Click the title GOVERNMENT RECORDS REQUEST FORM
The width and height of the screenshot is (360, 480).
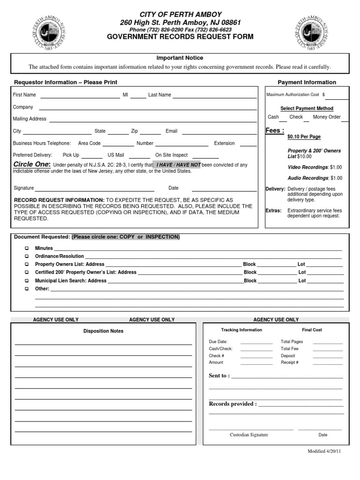(180, 37)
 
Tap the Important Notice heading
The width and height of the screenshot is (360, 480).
(180, 58)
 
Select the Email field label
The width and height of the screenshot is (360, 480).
(171, 131)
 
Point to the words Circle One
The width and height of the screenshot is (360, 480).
(32, 165)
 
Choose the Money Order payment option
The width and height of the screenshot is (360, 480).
(327, 117)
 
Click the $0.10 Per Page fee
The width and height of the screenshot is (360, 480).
(304, 137)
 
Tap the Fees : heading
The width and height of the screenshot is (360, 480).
(275, 131)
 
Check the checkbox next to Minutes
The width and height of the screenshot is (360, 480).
(27, 248)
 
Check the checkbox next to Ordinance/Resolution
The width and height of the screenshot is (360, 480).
(27, 256)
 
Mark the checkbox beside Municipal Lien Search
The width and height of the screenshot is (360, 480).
(27, 281)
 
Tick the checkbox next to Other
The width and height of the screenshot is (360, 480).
(27, 289)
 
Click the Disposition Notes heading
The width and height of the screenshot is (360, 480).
(103, 331)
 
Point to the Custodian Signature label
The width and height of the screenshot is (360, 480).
(249, 435)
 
